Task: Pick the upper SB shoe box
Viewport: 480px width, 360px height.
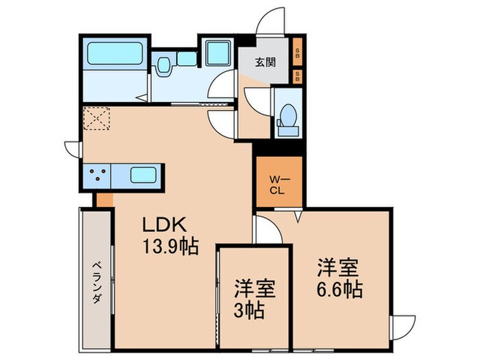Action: (x=297, y=51)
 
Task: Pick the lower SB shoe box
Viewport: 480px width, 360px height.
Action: (x=297, y=75)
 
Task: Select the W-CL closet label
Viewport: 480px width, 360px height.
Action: (x=278, y=182)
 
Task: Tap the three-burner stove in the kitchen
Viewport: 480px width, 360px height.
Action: (x=100, y=175)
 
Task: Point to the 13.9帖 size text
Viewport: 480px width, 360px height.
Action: (x=170, y=245)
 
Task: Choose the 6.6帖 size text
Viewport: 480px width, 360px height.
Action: (x=339, y=289)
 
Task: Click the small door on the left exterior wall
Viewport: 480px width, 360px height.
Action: (x=73, y=149)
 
